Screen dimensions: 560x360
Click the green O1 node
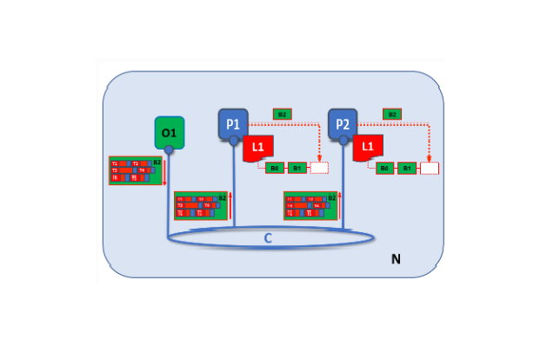click(x=169, y=132)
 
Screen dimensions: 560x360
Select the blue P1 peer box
click(x=233, y=123)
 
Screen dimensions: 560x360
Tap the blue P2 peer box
click(x=343, y=123)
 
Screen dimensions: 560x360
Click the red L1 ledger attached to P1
click(x=257, y=149)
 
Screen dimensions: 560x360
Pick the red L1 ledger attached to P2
click(x=368, y=149)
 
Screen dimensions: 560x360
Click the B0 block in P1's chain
click(x=275, y=168)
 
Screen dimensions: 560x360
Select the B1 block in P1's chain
click(x=297, y=168)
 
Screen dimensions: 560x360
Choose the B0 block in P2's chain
click(x=384, y=168)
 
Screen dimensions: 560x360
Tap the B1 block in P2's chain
click(x=407, y=168)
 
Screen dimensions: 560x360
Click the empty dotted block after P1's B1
click(x=319, y=168)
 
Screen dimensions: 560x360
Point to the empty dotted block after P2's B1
click(x=430, y=168)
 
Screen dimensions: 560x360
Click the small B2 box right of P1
click(x=282, y=114)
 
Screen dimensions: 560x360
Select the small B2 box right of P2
click(x=392, y=114)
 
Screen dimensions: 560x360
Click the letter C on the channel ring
click(x=268, y=237)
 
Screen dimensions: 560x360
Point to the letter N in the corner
click(x=396, y=258)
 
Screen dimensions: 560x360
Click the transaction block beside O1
click(x=135, y=170)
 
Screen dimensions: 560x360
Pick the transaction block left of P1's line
click(x=200, y=205)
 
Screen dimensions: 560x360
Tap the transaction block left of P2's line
click(x=310, y=205)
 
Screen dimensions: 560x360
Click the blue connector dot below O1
click(x=169, y=150)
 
